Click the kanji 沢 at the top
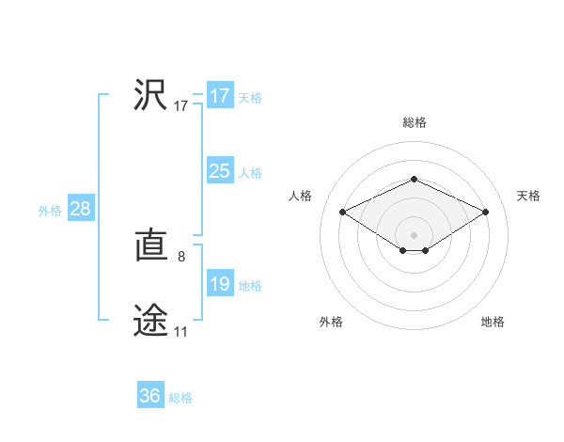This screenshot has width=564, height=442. point(150,95)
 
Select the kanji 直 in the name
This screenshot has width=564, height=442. point(150,247)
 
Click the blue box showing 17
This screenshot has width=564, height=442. point(219,96)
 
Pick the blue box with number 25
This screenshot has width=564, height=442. point(219,171)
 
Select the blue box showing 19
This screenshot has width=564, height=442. point(219,284)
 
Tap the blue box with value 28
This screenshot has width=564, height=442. point(80,209)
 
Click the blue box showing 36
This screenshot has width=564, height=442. point(149,396)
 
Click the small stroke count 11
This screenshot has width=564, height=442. point(180,331)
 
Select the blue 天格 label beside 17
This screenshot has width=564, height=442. point(250,98)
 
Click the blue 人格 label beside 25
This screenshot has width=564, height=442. point(250,173)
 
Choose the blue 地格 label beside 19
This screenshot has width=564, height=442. point(250,286)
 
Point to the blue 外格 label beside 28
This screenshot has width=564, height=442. point(50,211)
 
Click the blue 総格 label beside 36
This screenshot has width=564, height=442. point(180,398)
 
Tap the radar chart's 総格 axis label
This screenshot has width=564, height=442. point(414,122)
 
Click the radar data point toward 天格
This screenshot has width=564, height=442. point(485,213)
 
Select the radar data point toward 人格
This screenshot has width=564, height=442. point(343,213)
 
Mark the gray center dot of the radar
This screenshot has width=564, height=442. point(414,233)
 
